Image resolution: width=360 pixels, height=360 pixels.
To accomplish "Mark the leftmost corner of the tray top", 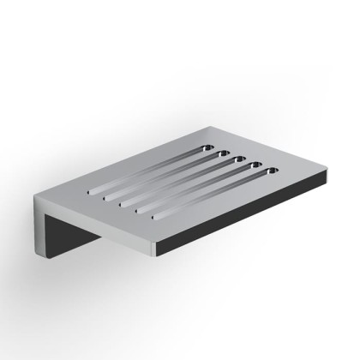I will (35, 194).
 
